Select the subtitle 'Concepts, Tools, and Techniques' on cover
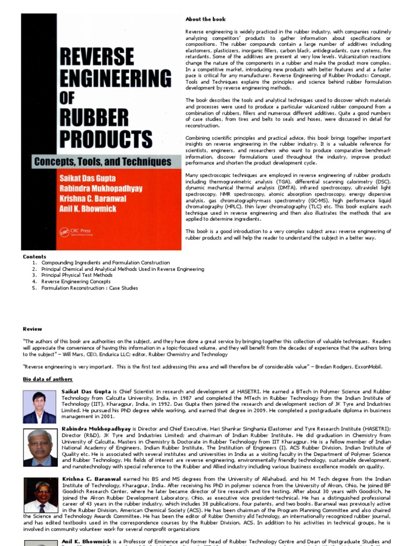pos(102,161)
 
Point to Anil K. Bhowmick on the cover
pos(88,208)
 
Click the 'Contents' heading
pos(34,256)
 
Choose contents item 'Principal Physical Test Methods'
pos(77,275)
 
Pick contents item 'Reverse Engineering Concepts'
pos(76,282)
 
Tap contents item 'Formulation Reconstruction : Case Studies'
pos(90,288)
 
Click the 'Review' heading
pos(32,329)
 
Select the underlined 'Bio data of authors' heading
pos(48,379)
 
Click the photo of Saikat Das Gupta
pos(40,407)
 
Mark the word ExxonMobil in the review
pos(367,367)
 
